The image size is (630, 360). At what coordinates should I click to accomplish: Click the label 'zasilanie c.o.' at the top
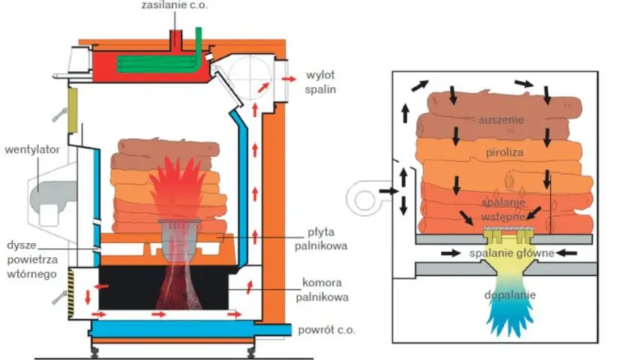(175, 5)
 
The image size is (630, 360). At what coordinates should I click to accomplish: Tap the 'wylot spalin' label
(320, 82)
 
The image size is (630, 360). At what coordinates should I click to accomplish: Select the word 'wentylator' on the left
(32, 149)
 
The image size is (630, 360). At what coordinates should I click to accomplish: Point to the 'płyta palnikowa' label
(321, 238)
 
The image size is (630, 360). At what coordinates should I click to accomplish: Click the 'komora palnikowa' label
(322, 289)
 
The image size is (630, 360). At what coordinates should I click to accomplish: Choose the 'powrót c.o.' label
(327, 330)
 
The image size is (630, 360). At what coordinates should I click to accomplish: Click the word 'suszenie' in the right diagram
(501, 120)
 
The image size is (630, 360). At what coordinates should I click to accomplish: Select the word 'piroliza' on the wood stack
(505, 152)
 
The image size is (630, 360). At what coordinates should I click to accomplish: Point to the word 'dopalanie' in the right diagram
(510, 295)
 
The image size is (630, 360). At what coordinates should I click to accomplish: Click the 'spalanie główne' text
(511, 253)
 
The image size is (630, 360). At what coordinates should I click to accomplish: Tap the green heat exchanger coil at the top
(160, 59)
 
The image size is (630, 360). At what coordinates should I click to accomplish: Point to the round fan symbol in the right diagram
(364, 199)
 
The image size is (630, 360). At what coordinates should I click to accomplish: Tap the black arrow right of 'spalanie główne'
(567, 253)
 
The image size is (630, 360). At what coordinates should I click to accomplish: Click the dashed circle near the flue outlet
(250, 77)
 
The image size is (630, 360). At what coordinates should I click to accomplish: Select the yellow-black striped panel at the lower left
(71, 295)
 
